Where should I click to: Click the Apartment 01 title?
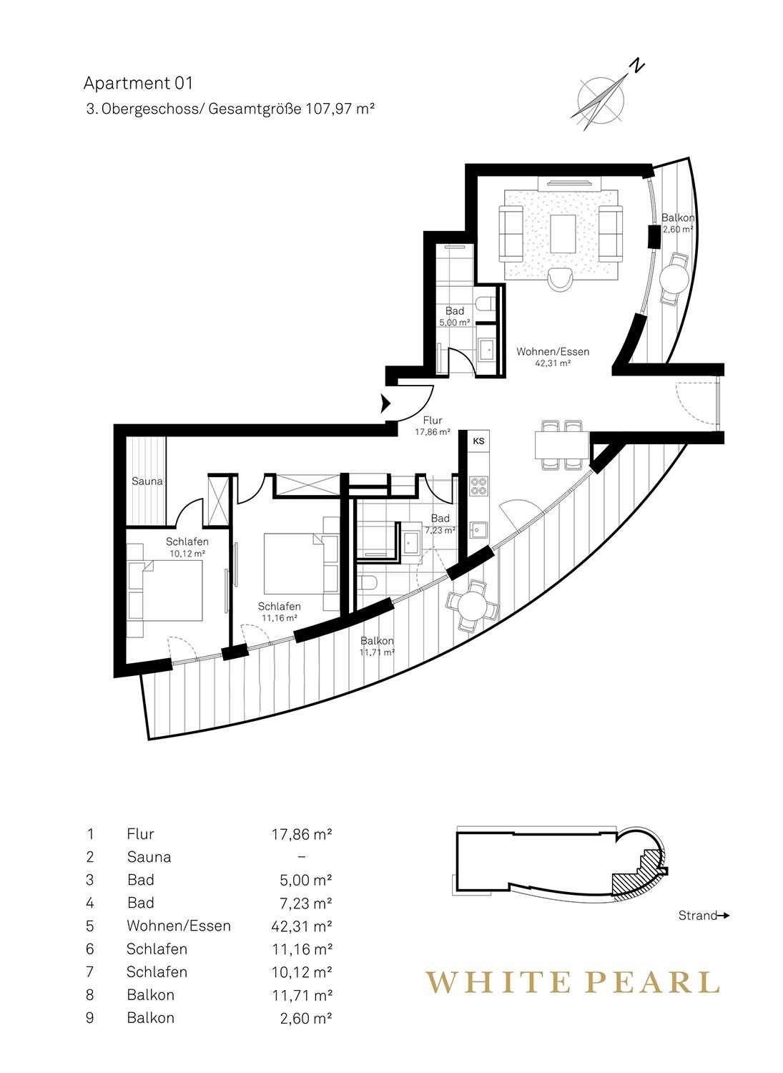(138, 84)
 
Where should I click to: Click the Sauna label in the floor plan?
(147, 481)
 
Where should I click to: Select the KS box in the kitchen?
(478, 441)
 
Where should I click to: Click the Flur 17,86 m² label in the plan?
(433, 426)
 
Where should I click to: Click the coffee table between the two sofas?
(563, 234)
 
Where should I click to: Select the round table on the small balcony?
(675, 278)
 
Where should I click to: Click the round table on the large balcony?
(472, 607)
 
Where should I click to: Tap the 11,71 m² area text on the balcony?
(377, 652)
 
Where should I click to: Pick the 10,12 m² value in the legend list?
(302, 971)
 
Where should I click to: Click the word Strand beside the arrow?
(697, 916)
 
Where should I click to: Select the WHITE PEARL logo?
(573, 981)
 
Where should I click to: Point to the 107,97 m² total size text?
(340, 109)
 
